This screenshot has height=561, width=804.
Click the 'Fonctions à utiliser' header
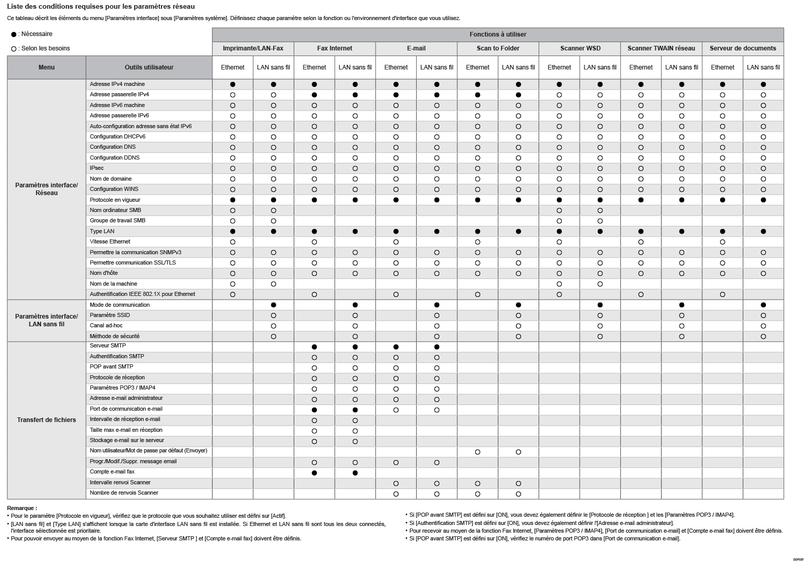(497, 34)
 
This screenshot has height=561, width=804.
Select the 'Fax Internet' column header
(334, 48)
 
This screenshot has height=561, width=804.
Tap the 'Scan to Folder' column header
(497, 48)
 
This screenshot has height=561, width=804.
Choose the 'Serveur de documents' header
(742, 48)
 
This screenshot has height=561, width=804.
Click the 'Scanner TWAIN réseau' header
(661, 48)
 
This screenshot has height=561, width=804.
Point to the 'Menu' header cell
(46, 67)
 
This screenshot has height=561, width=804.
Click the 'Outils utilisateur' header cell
(149, 67)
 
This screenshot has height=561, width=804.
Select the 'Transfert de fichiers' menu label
(46, 420)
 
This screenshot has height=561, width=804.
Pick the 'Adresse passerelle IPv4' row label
(119, 95)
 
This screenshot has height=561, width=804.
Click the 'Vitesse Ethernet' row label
(110, 241)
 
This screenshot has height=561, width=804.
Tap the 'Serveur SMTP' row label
(108, 346)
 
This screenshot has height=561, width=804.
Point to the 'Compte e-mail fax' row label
(112, 472)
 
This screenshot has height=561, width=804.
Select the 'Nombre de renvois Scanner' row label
(124, 493)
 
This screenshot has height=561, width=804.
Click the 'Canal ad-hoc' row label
(106, 325)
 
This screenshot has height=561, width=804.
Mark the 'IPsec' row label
(97, 168)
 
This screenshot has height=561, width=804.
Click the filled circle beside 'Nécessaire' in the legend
(14, 34)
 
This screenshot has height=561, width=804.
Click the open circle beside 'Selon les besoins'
(14, 49)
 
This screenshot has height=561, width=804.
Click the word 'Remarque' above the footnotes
(22, 508)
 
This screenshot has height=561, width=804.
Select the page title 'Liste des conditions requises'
(101, 7)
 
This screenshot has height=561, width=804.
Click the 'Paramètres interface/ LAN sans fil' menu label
(46, 320)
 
